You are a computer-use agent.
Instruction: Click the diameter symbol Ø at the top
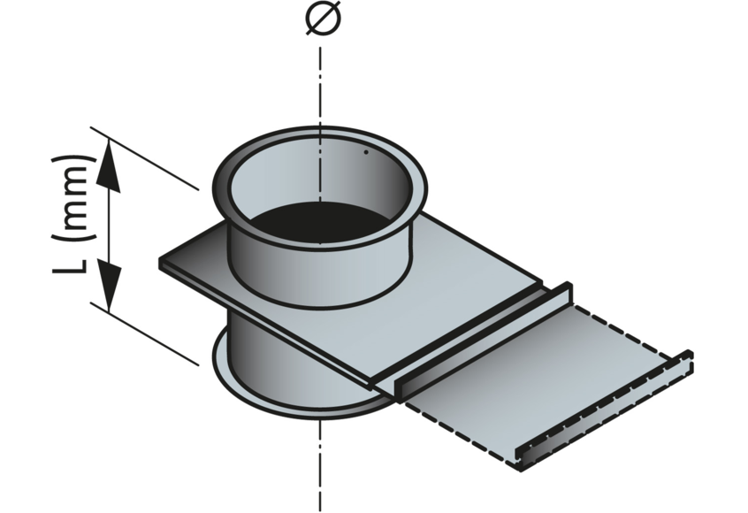pyautogui.click(x=320, y=19)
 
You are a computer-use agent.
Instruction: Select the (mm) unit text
pyautogui.click(x=73, y=201)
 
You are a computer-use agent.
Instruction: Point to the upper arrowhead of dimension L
pyautogui.click(x=109, y=168)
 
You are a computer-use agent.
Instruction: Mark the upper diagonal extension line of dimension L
pyautogui.click(x=146, y=159)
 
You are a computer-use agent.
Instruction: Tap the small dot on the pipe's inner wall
pyautogui.click(x=365, y=151)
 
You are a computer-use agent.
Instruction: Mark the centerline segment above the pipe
pyautogui.click(x=320, y=80)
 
